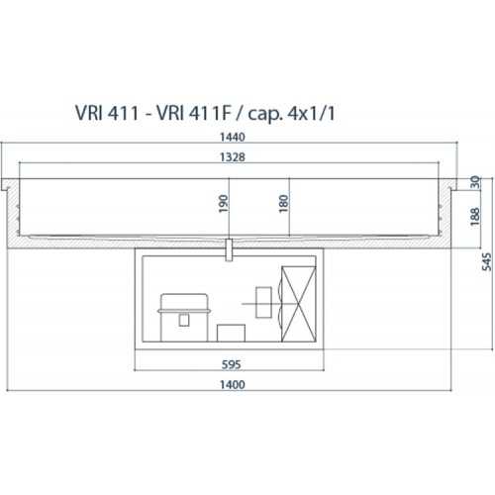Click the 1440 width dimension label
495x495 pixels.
[233, 137]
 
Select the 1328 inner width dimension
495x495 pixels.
[233, 157]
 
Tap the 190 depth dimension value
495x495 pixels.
[224, 204]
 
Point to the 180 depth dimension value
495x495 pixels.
[283, 204]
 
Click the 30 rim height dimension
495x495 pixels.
[475, 182]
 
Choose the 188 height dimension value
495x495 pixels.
[475, 217]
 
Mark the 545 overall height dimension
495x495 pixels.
[487, 262]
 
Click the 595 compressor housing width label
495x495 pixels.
[231, 364]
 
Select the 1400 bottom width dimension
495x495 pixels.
[233, 384]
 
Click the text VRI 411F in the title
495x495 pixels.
[193, 113]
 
